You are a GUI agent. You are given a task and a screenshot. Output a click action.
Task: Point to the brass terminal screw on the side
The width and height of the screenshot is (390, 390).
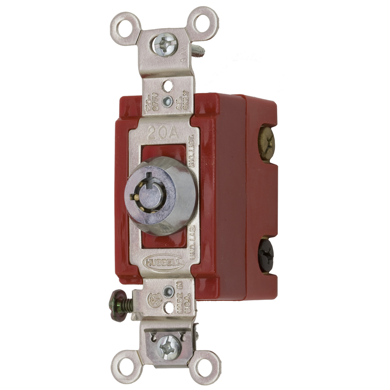coord(266,142)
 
